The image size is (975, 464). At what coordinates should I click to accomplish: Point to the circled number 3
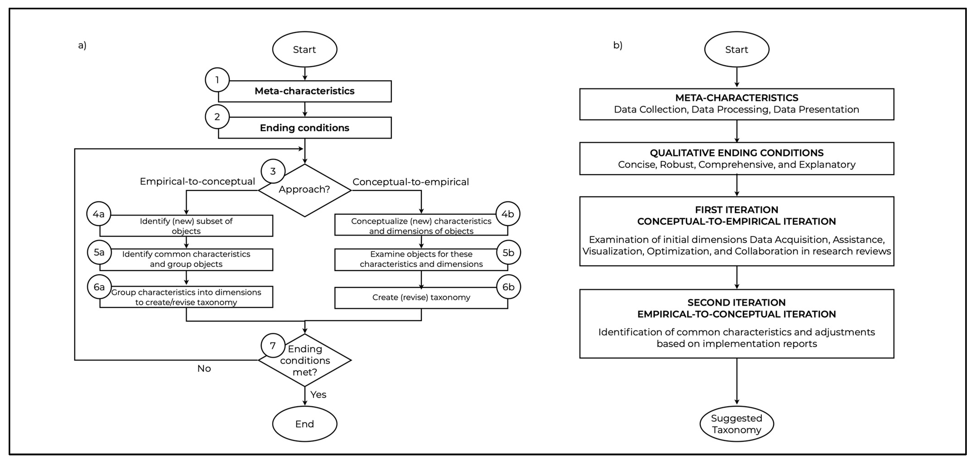273,171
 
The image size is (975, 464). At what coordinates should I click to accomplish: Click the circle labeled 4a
99,214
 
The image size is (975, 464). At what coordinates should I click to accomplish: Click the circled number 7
273,345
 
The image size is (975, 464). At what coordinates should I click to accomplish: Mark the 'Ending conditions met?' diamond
305,360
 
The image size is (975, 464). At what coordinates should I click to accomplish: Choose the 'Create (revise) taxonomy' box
421,297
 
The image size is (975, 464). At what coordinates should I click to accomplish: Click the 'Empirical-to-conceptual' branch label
197,182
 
